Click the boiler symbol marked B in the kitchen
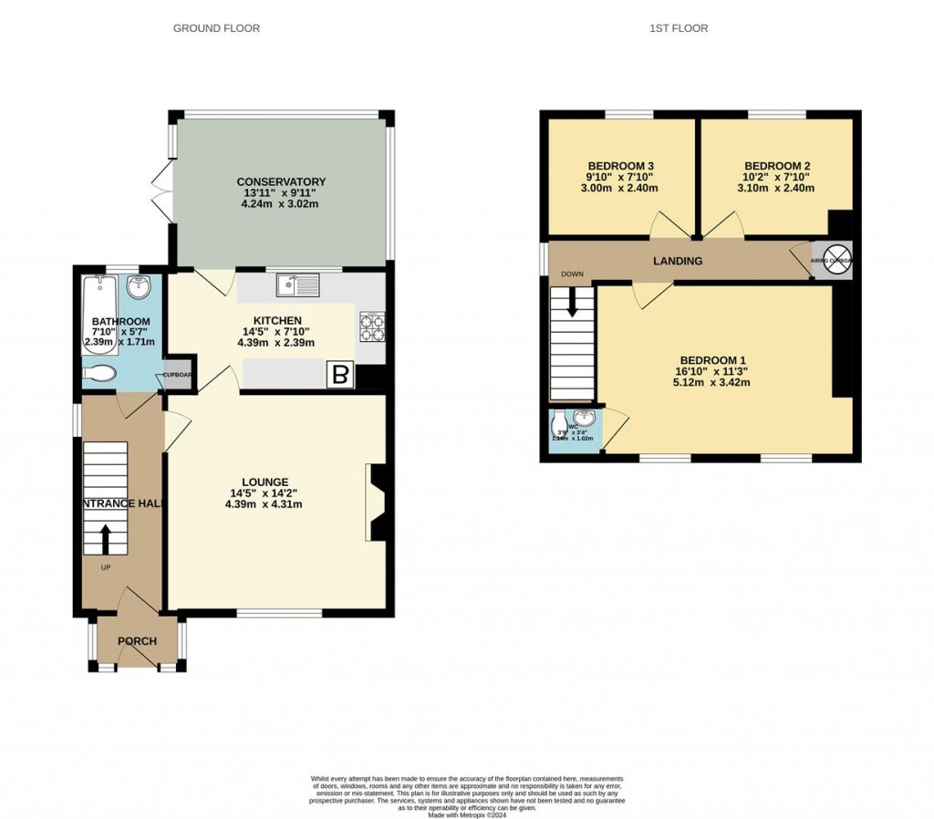(x=341, y=375)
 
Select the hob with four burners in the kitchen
(x=372, y=326)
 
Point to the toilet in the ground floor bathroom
(x=99, y=372)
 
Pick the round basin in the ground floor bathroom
(x=139, y=287)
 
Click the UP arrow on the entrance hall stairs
(x=106, y=538)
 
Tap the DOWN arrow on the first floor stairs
(x=573, y=302)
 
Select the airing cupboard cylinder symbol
(x=837, y=260)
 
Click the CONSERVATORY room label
(x=281, y=181)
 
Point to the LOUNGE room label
(x=265, y=482)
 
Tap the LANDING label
(x=678, y=261)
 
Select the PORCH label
(x=137, y=641)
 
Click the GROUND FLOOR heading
(x=216, y=28)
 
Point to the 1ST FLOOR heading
(x=679, y=28)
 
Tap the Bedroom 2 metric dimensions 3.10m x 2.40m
(x=776, y=188)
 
